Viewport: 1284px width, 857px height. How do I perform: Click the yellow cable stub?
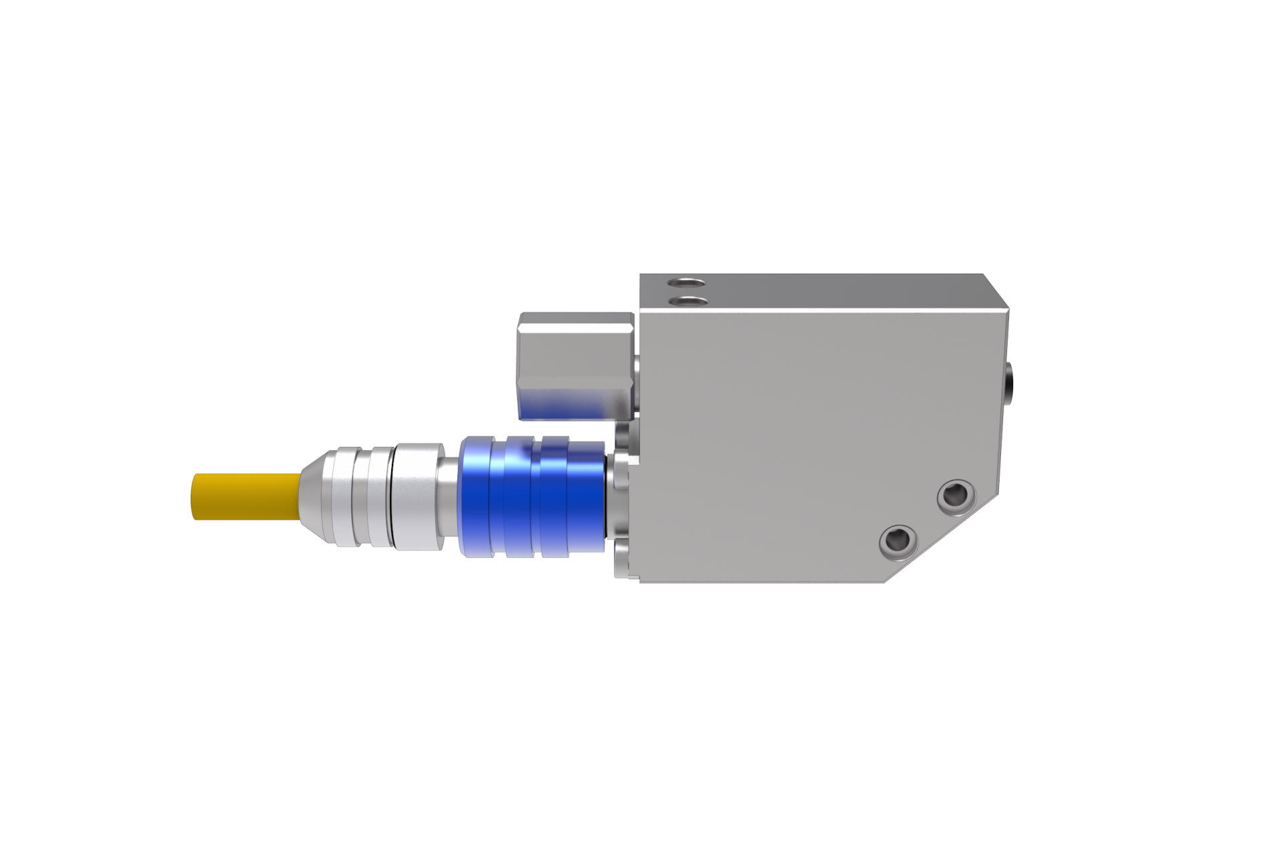pyautogui.click(x=244, y=496)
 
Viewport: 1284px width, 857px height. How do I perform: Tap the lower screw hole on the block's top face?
pyautogui.click(x=689, y=302)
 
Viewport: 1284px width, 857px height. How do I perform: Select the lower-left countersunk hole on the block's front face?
pyautogui.click(x=897, y=539)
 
